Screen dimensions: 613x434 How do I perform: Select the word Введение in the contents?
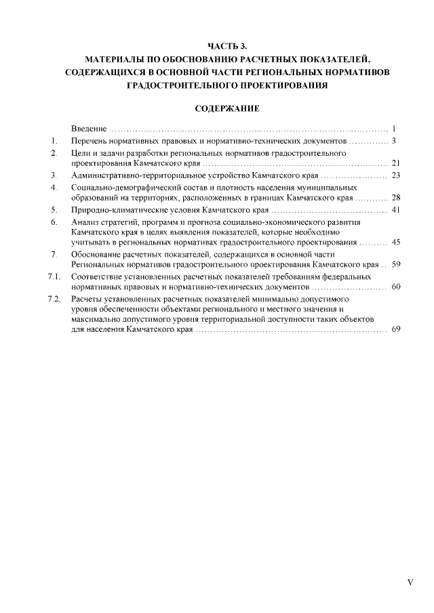pos(89,128)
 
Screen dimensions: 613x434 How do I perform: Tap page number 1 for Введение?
pos(393,128)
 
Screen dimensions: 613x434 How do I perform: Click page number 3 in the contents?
pos(393,141)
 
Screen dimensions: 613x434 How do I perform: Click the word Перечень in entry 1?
pos(91,141)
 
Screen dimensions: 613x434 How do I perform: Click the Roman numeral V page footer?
pos(410,581)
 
